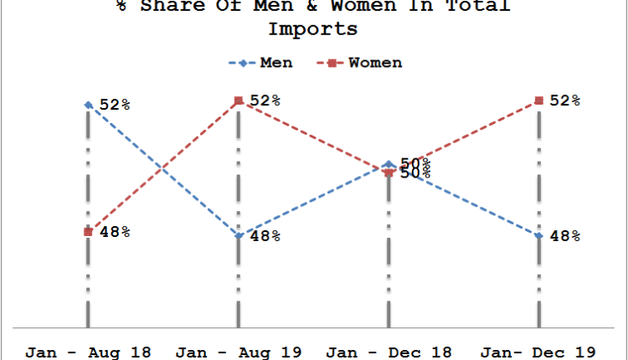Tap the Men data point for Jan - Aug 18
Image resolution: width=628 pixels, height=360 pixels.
click(88, 105)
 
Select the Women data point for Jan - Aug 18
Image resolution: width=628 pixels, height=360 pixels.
click(88, 232)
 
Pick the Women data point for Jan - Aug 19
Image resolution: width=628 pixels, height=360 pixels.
click(239, 100)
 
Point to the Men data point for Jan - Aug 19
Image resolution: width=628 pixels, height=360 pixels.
click(239, 236)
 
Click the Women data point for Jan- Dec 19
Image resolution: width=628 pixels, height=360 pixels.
click(538, 100)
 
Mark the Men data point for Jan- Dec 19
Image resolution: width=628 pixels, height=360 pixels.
click(538, 236)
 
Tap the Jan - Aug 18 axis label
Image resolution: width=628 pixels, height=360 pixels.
click(88, 352)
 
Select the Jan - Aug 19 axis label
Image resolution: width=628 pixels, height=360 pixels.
click(239, 352)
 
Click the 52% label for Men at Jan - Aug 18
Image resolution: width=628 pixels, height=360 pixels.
click(115, 105)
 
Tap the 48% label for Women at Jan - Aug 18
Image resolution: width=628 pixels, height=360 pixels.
click(115, 232)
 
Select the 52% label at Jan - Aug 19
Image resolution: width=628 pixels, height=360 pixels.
click(265, 100)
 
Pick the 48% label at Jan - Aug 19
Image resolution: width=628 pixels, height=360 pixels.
click(265, 236)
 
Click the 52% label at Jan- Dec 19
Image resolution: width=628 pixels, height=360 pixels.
click(564, 100)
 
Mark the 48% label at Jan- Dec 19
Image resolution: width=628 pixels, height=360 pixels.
click(564, 236)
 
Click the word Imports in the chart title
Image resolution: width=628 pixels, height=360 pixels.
click(312, 29)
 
